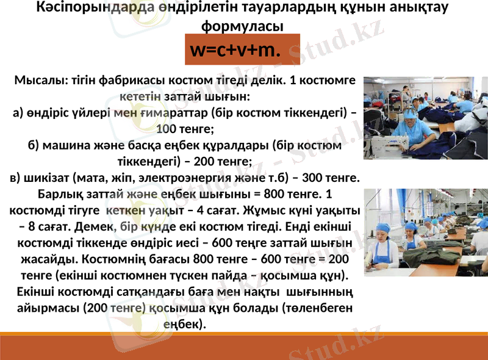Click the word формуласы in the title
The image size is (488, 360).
[x=242, y=26]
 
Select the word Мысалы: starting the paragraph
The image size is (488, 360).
[x=41, y=81]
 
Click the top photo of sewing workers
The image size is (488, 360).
[x=425, y=117]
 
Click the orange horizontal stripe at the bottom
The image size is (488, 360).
[x=244, y=334]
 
